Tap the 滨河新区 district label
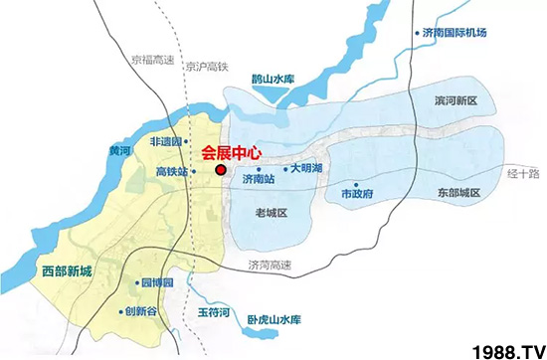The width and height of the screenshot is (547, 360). [456, 102]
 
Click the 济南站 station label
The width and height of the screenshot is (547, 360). [258, 180]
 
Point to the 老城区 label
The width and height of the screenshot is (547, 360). [271, 214]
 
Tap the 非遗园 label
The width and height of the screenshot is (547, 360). [169, 142]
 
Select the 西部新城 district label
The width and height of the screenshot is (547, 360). [67, 270]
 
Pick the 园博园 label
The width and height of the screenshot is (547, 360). [157, 283]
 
